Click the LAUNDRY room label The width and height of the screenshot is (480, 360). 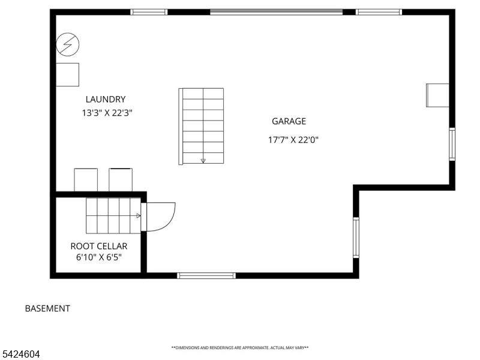[x=106, y=99]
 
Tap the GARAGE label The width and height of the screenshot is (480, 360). [x=289, y=121]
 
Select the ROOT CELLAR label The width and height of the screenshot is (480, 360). [x=99, y=246]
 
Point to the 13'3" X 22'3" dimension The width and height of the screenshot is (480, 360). [x=107, y=113]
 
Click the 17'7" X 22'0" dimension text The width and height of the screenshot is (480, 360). [x=293, y=140]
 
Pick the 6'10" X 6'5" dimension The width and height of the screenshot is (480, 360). [x=99, y=257]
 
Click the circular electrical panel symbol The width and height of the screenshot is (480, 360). [x=68, y=44]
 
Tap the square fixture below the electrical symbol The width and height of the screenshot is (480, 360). [x=68, y=74]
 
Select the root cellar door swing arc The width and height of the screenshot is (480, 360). [x=169, y=220]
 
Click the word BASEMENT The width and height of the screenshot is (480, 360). [x=47, y=308]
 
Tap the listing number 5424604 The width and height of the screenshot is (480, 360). [x=20, y=354]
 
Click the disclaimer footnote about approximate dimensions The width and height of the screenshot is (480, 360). [x=240, y=348]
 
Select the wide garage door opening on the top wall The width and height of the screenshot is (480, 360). [x=276, y=12]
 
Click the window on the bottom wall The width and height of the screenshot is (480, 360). [x=206, y=275]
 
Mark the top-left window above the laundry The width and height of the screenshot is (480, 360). [x=149, y=12]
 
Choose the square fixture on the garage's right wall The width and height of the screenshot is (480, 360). [x=438, y=95]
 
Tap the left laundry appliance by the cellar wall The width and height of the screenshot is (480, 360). [x=86, y=180]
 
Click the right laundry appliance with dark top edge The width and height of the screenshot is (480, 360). [x=121, y=180]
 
